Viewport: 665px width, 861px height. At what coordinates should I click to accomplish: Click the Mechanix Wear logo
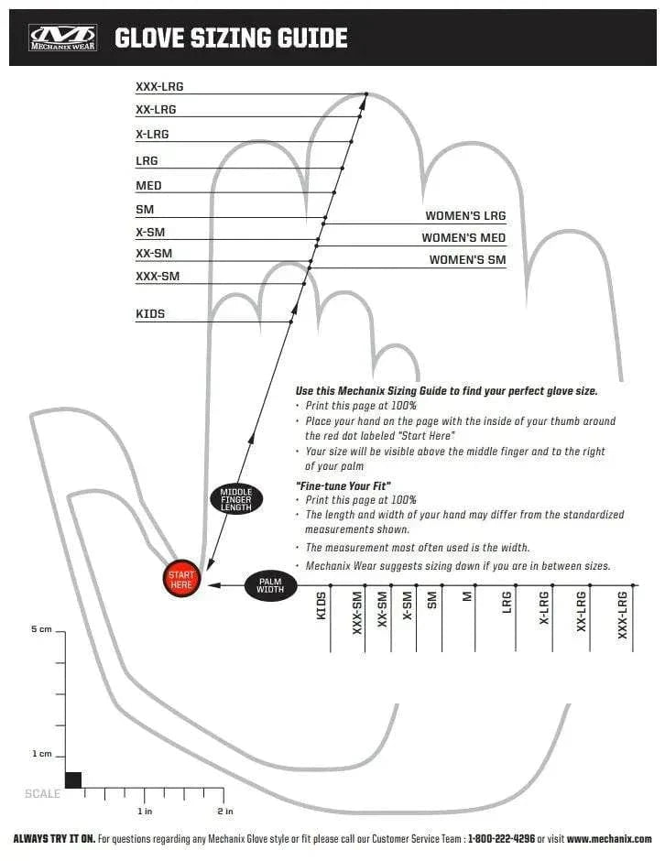63,38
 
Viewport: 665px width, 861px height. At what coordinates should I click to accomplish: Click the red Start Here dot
181,579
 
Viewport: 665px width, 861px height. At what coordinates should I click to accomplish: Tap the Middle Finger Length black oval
236,499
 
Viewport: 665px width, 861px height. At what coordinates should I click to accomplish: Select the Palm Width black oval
270,585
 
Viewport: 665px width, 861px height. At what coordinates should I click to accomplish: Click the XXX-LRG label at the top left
159,87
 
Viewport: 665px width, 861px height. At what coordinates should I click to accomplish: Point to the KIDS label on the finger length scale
150,314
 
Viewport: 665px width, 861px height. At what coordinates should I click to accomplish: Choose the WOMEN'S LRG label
465,216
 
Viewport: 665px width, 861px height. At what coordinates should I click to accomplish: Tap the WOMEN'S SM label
467,260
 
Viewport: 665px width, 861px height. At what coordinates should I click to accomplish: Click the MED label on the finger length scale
148,186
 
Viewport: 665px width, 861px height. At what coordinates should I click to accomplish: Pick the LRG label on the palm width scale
507,603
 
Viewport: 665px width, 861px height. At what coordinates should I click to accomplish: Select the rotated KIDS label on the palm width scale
322,605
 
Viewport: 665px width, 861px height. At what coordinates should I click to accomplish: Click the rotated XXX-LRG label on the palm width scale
622,615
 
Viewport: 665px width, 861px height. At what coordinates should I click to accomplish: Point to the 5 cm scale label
42,629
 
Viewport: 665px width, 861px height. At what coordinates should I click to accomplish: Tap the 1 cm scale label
42,754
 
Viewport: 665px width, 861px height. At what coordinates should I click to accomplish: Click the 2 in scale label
225,812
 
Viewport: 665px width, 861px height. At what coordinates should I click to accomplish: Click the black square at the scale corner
73,780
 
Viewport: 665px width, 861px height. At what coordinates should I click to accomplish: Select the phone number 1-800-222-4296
501,839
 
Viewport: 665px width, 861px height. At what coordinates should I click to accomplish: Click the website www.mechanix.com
609,839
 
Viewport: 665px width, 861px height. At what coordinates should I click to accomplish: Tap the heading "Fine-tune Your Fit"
343,486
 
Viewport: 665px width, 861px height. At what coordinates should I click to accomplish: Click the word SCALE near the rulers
42,794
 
